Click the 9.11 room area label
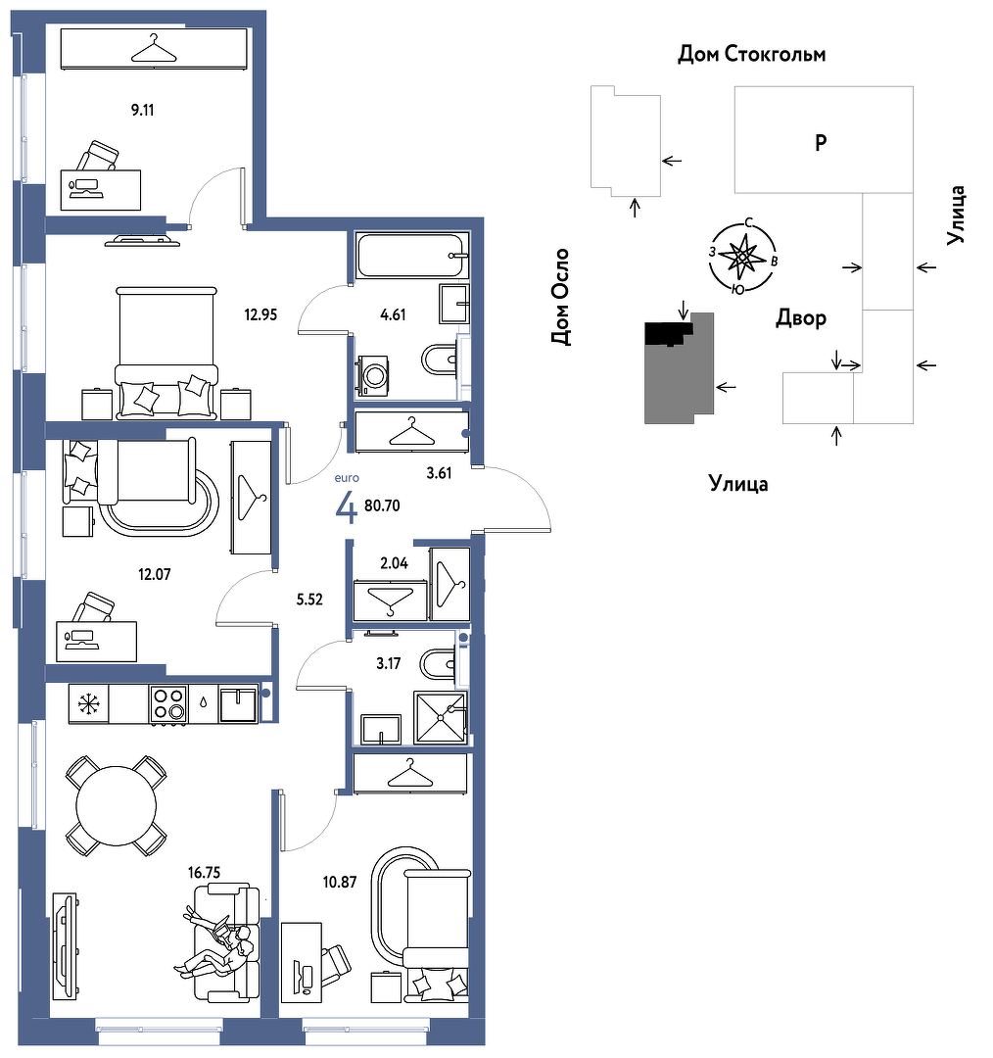(x=142, y=110)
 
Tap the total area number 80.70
(x=382, y=505)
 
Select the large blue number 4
(x=346, y=508)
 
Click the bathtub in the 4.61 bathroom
(x=412, y=255)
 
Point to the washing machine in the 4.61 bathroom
(x=371, y=375)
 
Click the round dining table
(x=116, y=805)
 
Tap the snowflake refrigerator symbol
(x=88, y=704)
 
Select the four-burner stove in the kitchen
(x=168, y=704)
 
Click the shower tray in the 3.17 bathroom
(x=441, y=717)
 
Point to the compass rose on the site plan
(x=742, y=257)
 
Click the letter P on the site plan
(x=821, y=142)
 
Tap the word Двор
(x=801, y=317)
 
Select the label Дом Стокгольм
(x=751, y=54)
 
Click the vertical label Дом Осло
(x=560, y=297)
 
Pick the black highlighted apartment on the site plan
(x=669, y=333)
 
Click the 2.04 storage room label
(x=394, y=562)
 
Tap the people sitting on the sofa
(x=217, y=941)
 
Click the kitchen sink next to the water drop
(x=238, y=704)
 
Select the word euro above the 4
(x=347, y=478)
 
